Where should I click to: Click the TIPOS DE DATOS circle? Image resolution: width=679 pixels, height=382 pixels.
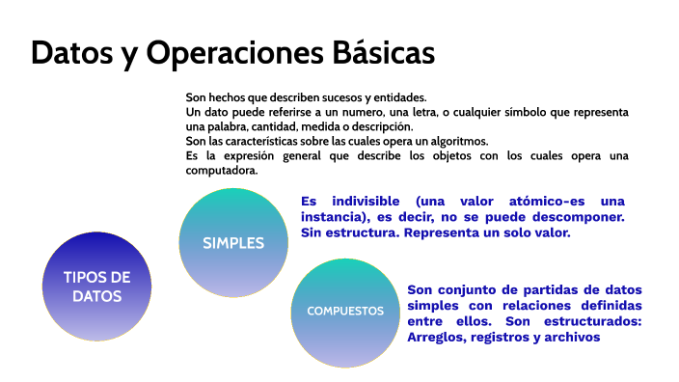(96, 286)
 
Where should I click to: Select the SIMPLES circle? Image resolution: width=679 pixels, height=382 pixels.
(233, 243)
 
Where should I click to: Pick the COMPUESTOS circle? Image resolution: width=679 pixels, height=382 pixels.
(345, 311)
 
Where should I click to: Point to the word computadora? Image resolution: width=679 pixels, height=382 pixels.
(222, 170)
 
